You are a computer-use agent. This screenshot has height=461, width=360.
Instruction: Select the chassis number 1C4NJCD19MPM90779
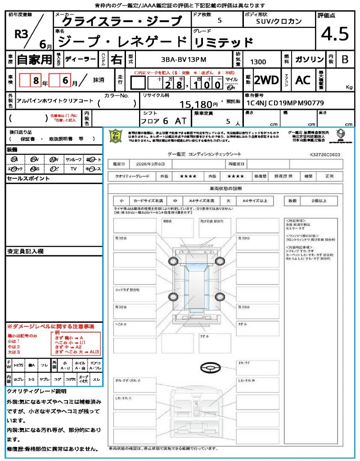click(x=284, y=103)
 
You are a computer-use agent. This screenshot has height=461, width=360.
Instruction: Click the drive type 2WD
click(x=266, y=80)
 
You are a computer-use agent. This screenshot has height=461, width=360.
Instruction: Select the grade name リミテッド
click(x=223, y=42)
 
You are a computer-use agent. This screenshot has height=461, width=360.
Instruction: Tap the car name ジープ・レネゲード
click(x=123, y=41)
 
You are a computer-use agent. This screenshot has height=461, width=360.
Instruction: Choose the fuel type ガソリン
click(x=309, y=59)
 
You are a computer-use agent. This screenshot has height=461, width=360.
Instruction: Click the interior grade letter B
click(x=345, y=59)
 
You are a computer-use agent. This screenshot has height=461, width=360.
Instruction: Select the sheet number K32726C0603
click(x=325, y=154)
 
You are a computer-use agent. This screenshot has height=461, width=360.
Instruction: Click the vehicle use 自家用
click(x=34, y=59)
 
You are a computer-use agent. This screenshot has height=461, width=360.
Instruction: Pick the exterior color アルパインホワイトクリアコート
click(x=54, y=102)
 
